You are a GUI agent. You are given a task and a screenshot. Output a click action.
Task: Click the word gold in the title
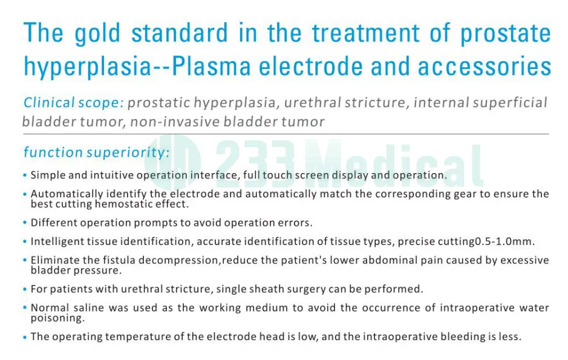coord(99,34)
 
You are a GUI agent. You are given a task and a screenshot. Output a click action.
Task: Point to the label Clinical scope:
coord(73,103)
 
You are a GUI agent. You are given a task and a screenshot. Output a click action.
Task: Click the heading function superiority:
coord(96,152)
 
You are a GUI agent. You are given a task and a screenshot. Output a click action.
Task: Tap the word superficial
coord(510,103)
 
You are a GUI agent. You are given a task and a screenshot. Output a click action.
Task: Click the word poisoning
coord(57,317)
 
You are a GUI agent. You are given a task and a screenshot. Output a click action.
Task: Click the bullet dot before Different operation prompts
coord(25,223)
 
